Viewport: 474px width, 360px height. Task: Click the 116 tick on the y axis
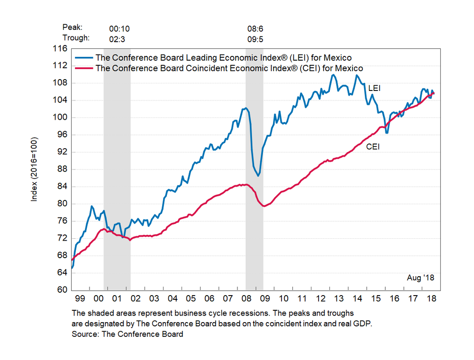coord(61,48)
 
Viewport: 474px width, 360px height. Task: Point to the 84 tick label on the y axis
coord(63,187)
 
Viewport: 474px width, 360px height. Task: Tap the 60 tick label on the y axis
coord(63,290)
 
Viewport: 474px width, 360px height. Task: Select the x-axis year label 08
coord(246,299)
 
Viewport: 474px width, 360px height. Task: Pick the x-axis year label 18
coord(431,299)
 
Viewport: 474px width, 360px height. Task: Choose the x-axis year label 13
coord(339,299)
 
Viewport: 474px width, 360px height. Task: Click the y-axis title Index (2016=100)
coord(34,169)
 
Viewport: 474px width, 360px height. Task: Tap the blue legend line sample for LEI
coord(84,58)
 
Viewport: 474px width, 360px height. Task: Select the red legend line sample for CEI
coord(84,68)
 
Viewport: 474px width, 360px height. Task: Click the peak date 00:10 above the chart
coord(117,28)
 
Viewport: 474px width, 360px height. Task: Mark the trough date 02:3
coord(117,38)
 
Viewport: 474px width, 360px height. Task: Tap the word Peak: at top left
coord(72,28)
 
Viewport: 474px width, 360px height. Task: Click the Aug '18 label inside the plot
coord(420,278)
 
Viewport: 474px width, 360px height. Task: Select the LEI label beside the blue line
coord(374,88)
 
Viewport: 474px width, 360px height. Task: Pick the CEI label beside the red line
coord(373,147)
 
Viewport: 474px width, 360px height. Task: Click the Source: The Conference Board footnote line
coord(128,334)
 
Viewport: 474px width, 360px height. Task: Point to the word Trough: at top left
coord(76,38)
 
